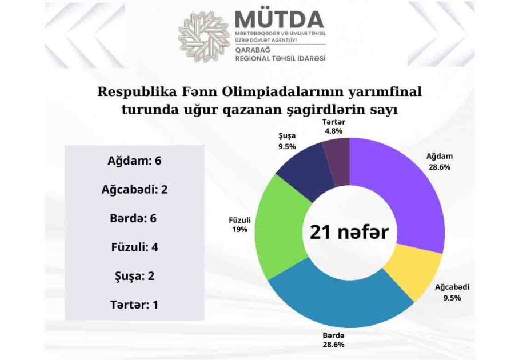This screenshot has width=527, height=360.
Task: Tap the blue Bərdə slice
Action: tap(340, 302)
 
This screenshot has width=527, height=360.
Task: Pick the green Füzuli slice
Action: tap(281, 229)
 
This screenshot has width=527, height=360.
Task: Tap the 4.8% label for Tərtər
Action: tap(333, 131)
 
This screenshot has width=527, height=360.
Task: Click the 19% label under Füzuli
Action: tap(239, 229)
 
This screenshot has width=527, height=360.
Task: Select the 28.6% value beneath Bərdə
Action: tap(333, 345)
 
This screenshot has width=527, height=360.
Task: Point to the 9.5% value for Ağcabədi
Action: tap(452, 298)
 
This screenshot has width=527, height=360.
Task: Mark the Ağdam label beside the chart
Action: tap(440, 157)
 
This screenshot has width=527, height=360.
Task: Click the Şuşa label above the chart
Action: tap(287, 136)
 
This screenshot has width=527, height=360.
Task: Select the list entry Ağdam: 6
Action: tap(134, 161)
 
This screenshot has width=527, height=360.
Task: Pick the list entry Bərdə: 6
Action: tap(133, 218)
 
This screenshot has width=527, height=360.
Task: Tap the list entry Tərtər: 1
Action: tap(134, 305)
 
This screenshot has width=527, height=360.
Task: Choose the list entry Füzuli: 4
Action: tap(134, 247)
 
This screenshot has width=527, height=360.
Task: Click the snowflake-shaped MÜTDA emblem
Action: tap(204, 37)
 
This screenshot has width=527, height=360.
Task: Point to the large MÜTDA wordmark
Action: tap(280, 19)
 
